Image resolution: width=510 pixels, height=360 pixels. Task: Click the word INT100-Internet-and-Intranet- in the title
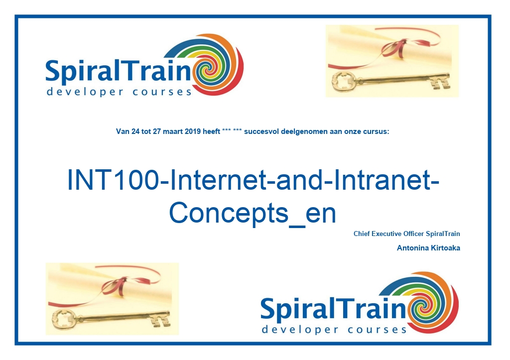253,180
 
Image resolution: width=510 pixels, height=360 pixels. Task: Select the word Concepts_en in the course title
253,213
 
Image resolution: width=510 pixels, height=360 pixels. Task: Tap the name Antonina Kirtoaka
428,248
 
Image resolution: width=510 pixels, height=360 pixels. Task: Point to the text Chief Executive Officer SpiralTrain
406,234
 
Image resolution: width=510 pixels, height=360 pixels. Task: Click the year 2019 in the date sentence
193,131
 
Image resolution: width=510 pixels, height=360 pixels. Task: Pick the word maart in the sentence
173,131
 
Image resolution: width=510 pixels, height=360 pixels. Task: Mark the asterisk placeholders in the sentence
232,131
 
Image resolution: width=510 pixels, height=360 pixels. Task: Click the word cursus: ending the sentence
378,131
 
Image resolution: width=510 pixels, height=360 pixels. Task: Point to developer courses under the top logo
119,92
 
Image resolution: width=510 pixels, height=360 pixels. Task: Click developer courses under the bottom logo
334,330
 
